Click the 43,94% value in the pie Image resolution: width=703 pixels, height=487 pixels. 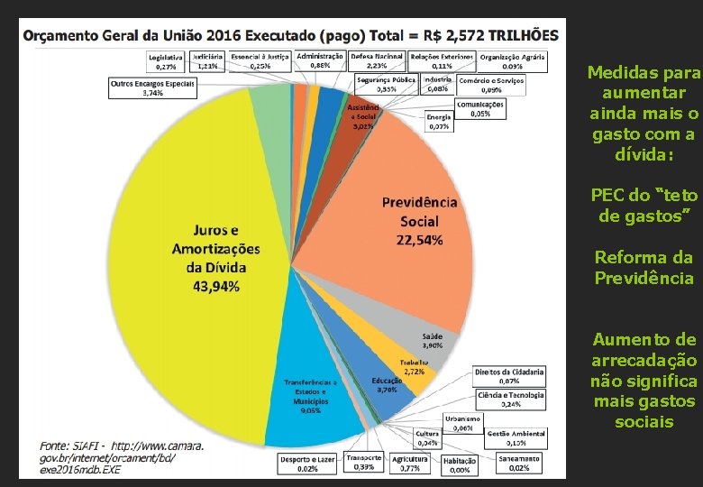[215, 287]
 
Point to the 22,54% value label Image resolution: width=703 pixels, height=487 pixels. [419, 240]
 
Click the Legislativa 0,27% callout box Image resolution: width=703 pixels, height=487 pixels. [166, 60]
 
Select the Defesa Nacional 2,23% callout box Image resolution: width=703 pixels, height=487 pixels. [377, 60]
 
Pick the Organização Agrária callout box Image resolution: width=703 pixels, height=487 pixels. [513, 60]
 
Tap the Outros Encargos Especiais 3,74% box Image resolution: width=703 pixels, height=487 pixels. [152, 87]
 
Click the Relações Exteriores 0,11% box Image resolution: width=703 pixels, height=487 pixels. [442, 60]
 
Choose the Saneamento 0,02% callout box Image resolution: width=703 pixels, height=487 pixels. [518, 462]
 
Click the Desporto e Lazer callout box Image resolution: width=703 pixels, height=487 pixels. [307, 463]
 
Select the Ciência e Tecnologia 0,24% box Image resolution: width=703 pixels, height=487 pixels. [511, 399]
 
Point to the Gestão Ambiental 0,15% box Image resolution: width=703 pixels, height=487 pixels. [516, 437]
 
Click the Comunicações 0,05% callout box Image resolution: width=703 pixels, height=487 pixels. [479, 109]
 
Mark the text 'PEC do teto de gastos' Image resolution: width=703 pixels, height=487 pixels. [644, 206]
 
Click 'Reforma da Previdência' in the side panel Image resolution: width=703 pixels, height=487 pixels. [644, 268]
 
